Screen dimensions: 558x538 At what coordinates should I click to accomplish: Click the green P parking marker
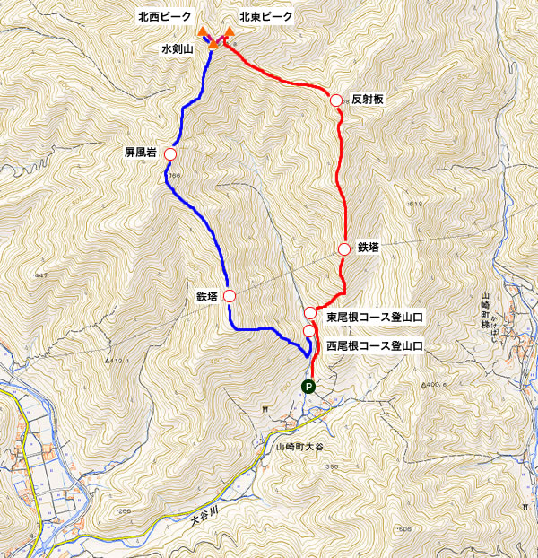[308, 388]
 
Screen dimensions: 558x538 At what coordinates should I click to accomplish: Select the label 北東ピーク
[266, 16]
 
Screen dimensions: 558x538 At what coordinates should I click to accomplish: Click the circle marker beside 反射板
[336, 100]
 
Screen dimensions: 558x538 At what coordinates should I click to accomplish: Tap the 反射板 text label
[368, 100]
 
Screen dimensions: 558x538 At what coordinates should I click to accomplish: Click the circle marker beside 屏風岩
[169, 153]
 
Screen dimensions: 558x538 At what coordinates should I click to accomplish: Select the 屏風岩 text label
[141, 153]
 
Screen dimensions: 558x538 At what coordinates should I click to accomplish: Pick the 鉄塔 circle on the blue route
[230, 296]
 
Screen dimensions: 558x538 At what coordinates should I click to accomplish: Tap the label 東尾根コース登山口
[374, 317]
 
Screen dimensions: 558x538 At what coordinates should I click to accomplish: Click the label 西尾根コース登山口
[374, 344]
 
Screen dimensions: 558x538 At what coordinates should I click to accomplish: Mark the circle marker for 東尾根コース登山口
[310, 312]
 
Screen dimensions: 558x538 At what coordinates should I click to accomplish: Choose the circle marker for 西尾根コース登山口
[309, 331]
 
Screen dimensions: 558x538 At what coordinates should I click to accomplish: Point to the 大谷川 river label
[205, 518]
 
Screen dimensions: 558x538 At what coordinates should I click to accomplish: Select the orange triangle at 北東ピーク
[230, 32]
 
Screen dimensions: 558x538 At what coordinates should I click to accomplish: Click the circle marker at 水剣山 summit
[215, 41]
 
